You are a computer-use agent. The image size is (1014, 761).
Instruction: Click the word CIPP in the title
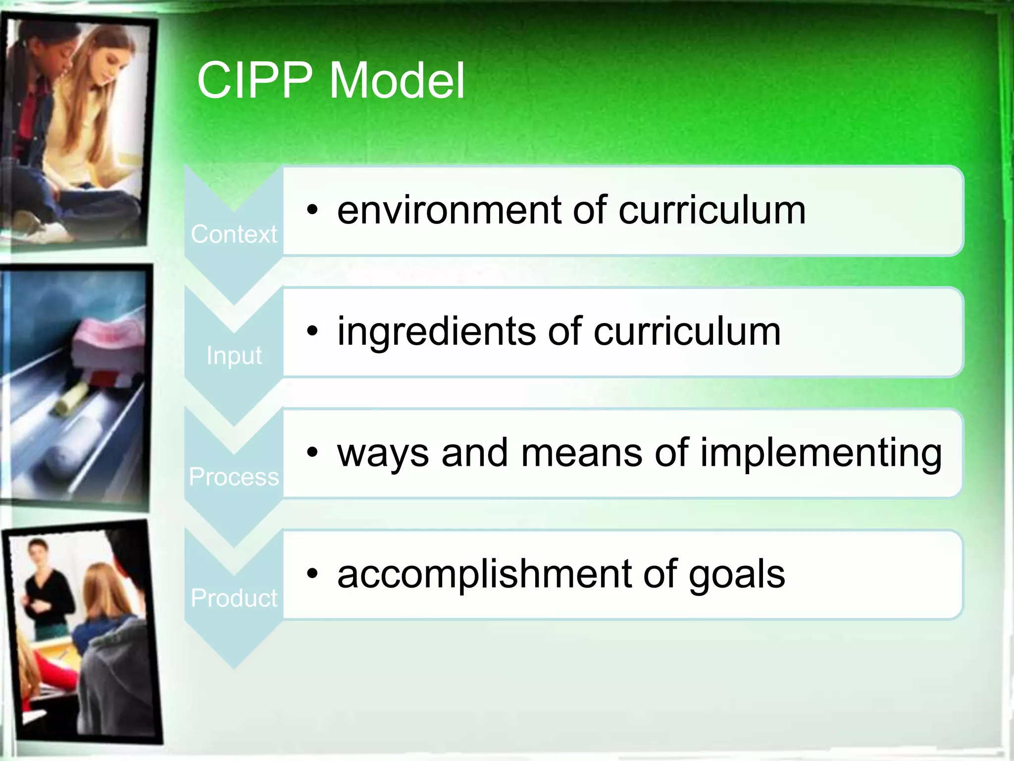pyautogui.click(x=254, y=80)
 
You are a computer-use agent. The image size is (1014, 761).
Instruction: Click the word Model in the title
pyautogui.click(x=397, y=80)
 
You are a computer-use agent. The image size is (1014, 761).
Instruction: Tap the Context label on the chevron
pyautogui.click(x=234, y=234)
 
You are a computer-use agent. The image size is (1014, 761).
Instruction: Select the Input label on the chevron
pyautogui.click(x=234, y=356)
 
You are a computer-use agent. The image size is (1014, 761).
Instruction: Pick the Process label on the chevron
pyautogui.click(x=234, y=477)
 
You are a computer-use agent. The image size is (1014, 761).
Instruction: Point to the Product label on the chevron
pyautogui.click(x=234, y=598)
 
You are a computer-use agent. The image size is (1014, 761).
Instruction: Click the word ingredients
pyautogui.click(x=436, y=331)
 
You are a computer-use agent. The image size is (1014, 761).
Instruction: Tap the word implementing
pyautogui.click(x=820, y=453)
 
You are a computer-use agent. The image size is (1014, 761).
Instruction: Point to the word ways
pyautogui.click(x=383, y=453)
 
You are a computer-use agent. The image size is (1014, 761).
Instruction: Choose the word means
pyautogui.click(x=582, y=453)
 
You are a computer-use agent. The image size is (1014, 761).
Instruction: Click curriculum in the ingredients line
pyautogui.click(x=687, y=331)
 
